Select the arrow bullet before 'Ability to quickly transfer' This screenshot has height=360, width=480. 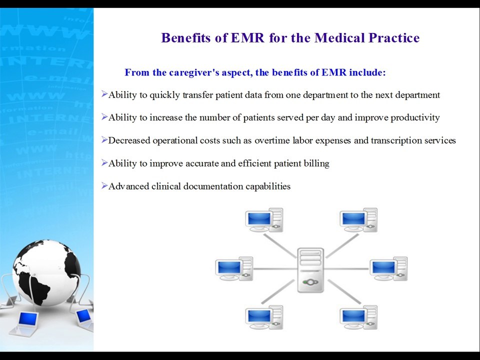pos(104,94)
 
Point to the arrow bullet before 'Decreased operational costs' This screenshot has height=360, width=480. pos(104,140)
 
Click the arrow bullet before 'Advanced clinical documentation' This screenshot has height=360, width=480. pos(104,186)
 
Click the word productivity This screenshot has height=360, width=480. pos(415,118)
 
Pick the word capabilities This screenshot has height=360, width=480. pos(267,186)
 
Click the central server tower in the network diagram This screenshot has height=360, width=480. pos(310,270)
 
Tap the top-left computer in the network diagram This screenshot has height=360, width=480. pos(264,220)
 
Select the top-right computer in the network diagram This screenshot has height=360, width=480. pos(358,220)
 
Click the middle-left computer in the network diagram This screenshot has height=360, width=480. pos(233,269)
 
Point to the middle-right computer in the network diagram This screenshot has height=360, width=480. pos(388,269)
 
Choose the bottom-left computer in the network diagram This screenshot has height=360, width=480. pos(264,318)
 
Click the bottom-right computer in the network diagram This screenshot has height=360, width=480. pos(358,318)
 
